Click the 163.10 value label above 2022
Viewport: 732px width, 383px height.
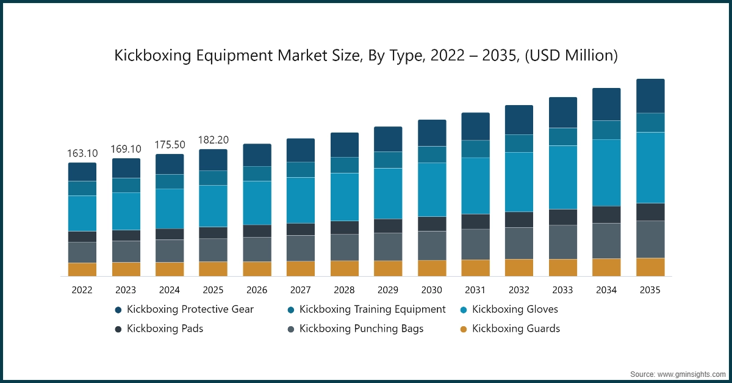[x=82, y=153]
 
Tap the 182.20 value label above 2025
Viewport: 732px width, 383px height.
[x=213, y=140]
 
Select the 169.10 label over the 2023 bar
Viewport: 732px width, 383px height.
[x=126, y=149]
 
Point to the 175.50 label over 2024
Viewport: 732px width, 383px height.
[x=170, y=145]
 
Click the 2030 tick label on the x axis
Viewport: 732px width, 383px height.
[x=432, y=290]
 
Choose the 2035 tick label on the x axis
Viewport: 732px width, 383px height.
[x=650, y=290]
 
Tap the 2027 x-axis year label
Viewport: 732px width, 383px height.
[x=301, y=290]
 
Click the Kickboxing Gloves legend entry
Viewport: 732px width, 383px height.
[x=515, y=310]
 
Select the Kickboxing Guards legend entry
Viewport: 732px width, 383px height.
[x=516, y=329]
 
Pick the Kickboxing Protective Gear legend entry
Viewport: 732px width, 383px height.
[x=190, y=310]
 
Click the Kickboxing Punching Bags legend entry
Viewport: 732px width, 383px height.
[x=361, y=329]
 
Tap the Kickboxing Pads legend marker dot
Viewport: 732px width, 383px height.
[x=118, y=329]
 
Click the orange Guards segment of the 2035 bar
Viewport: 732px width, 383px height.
[x=650, y=267]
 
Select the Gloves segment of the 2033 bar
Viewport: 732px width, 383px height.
[x=563, y=177]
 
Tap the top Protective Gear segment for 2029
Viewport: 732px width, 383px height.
[x=388, y=139]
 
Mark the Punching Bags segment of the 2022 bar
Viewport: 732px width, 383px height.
[x=82, y=252]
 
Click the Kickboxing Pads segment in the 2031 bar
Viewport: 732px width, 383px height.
[x=475, y=222]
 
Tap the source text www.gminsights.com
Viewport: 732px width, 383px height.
[x=692, y=373]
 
